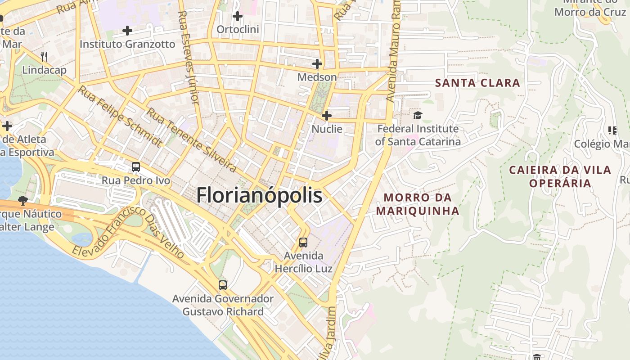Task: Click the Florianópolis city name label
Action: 260,196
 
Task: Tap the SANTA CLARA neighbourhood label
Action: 477,83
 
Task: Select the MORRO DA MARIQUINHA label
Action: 418,204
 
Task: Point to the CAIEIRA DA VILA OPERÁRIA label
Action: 560,176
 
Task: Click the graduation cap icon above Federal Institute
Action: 418,116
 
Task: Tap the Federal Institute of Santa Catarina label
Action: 418,135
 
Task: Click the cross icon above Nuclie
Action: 327,116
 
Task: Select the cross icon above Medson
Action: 317,64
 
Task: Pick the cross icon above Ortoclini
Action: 238,17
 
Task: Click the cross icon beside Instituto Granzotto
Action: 127,31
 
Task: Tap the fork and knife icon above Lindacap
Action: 44,56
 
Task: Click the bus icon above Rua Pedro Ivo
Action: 136,167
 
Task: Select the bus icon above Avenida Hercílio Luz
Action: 303,243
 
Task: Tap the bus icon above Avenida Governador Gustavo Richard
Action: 223,285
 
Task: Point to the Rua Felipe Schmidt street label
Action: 120,116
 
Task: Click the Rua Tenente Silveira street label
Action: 191,140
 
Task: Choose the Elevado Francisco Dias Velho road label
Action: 128,233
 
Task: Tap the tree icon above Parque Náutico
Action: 22,200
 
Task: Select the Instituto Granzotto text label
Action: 127,44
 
